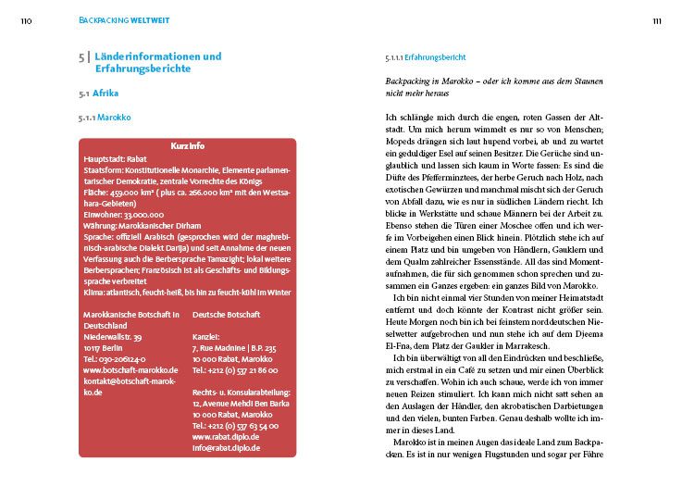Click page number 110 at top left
(x=27, y=20)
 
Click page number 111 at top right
(x=655, y=20)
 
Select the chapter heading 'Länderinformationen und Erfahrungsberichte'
(x=157, y=62)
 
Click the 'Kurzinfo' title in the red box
(x=188, y=147)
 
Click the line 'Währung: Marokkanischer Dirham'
(x=137, y=224)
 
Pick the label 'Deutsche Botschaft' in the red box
(x=226, y=315)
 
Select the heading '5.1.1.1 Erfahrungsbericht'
(x=426, y=57)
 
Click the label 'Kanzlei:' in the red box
(x=205, y=336)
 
